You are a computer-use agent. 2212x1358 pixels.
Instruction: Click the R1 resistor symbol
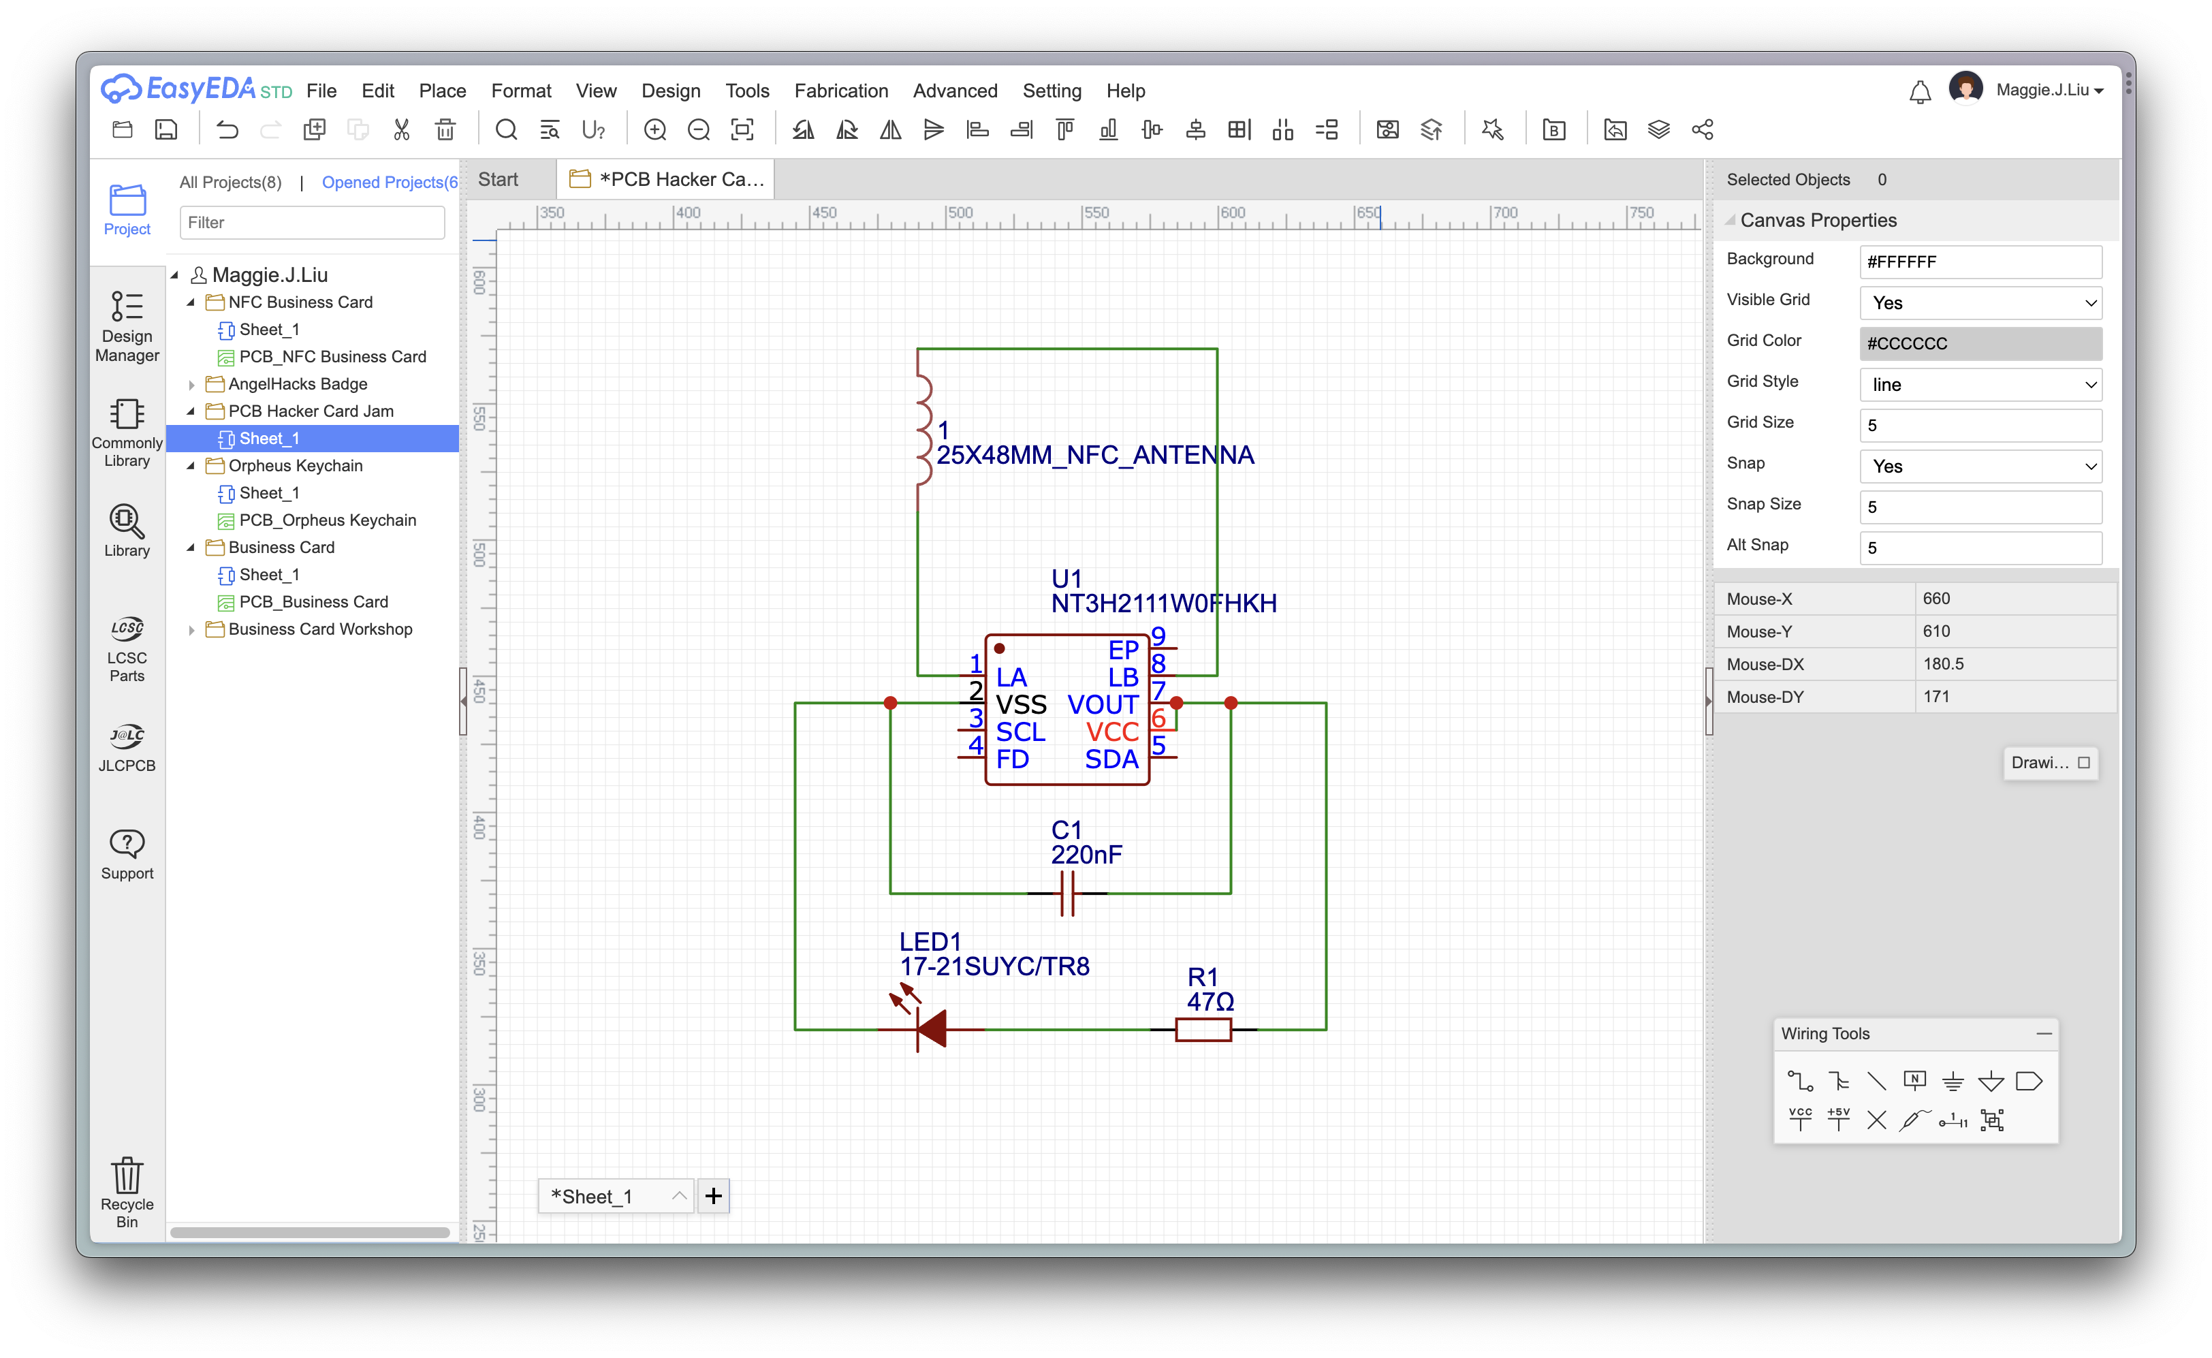[1203, 1029]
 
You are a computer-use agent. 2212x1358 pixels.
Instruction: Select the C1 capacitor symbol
[1067, 893]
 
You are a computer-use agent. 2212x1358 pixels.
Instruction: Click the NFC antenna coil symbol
[923, 429]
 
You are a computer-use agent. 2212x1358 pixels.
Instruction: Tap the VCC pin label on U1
[1112, 732]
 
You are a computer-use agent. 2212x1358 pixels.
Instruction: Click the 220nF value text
[1087, 854]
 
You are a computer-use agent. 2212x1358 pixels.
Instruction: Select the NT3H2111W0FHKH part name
[1164, 603]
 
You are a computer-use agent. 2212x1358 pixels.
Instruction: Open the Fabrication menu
[840, 91]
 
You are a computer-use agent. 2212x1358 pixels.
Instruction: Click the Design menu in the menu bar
[670, 91]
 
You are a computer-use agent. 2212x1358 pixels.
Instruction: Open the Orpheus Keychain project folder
[296, 465]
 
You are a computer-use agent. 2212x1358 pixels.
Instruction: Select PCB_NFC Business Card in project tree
[332, 357]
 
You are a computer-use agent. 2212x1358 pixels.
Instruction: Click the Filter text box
[312, 222]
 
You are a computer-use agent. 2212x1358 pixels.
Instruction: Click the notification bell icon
[1919, 92]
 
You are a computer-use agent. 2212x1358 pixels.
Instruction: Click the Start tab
[498, 180]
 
